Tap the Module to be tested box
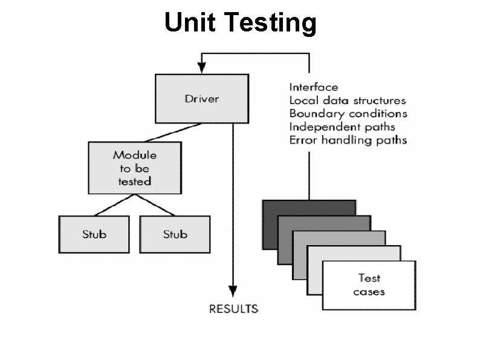pos(134,168)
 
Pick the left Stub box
pos(94,234)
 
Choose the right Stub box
pos(175,234)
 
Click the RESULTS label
pos(233,309)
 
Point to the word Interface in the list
pos(313,87)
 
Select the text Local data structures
pos(348,100)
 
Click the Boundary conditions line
pos(348,114)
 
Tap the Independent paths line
pos(342,127)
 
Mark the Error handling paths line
pos(348,140)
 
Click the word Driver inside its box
pos(201,98)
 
